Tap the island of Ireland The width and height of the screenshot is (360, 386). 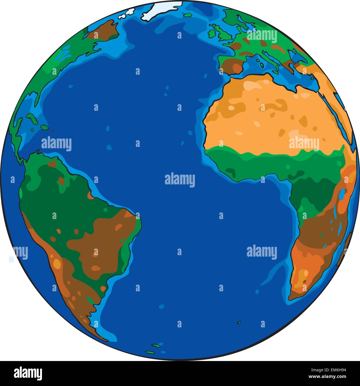pyautogui.click(x=212, y=33)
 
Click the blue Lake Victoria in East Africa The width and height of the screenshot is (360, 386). pyautogui.click(x=342, y=194)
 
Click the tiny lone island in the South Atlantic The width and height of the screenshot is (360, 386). pyautogui.click(x=239, y=322)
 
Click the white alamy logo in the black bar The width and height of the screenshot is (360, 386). pyautogui.click(x=28, y=374)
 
